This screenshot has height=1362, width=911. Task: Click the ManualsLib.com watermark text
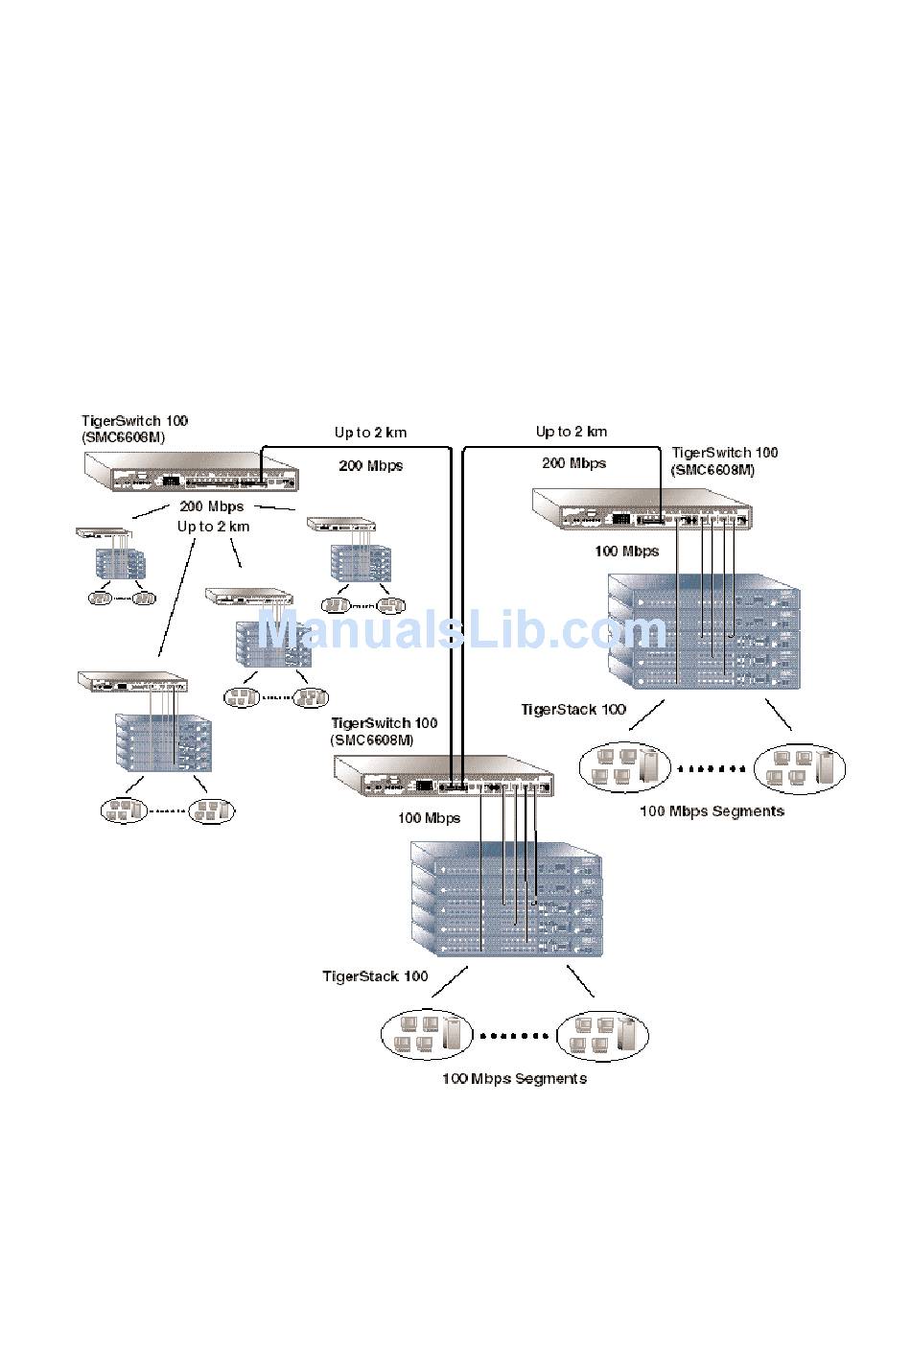click(462, 631)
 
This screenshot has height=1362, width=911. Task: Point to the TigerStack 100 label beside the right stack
click(573, 710)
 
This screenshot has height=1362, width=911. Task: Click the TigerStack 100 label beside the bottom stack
click(375, 976)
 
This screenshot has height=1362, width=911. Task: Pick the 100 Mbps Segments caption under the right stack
click(712, 811)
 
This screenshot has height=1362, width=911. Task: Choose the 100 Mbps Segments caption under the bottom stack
click(514, 1079)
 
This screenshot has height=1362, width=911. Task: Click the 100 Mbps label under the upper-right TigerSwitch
click(627, 552)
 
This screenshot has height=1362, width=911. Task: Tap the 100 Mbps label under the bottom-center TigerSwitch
click(430, 818)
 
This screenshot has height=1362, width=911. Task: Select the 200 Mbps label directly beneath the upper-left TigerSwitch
click(212, 506)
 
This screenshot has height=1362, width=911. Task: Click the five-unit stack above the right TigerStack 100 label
click(704, 632)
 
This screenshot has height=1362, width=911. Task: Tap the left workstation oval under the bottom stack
click(427, 1035)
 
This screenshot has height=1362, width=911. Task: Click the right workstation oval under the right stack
click(800, 768)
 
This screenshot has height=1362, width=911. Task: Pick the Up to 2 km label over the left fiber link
click(370, 433)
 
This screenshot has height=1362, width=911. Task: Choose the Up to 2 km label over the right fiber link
click(572, 432)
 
